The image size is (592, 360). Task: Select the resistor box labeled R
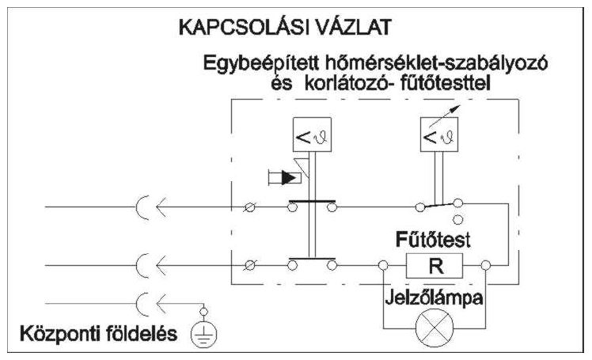point(435,266)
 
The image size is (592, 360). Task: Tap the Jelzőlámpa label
point(434,297)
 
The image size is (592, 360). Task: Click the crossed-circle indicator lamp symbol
point(435,328)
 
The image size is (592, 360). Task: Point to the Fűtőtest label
point(433,240)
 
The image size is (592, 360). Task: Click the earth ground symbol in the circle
point(204,335)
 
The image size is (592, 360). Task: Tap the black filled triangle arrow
point(288,178)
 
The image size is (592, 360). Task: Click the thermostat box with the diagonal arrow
point(439,135)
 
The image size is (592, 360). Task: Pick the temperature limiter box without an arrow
point(313,135)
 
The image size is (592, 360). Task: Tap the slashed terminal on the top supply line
point(250,207)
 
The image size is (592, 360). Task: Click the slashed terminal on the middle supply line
point(250,266)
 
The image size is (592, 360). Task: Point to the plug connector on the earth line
point(151,304)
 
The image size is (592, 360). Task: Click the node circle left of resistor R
point(383,266)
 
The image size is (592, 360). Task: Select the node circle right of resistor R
point(485,266)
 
